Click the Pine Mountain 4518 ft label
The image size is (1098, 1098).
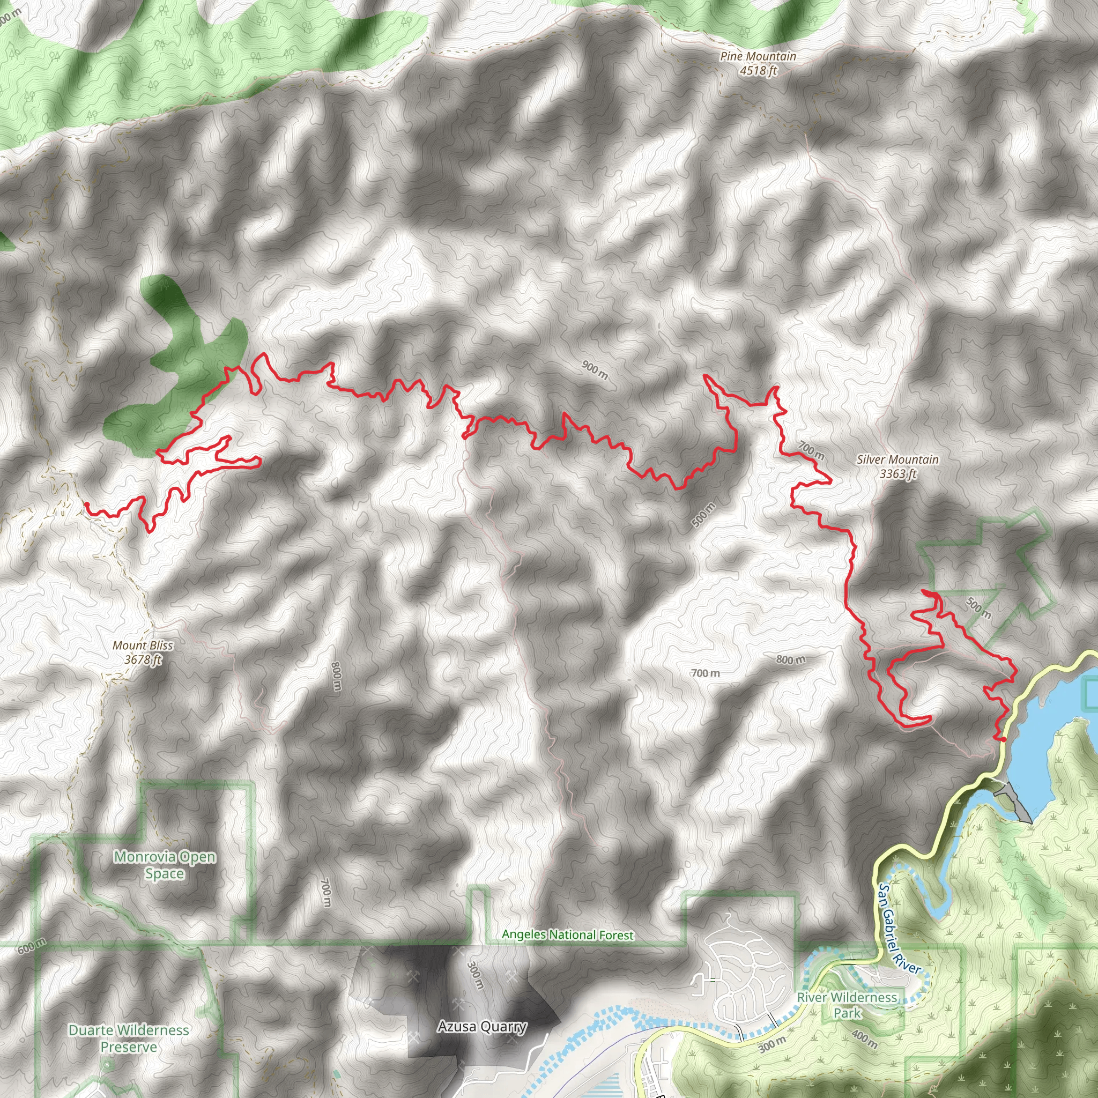[758, 63]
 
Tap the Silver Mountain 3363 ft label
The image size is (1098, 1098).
[897, 466]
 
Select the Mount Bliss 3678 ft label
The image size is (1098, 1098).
[143, 652]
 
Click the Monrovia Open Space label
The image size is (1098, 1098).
[164, 864]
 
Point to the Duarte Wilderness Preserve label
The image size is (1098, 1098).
[129, 1038]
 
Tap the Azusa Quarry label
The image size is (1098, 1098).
[482, 1026]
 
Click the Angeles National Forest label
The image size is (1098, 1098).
[567, 935]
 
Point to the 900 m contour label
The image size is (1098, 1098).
[595, 370]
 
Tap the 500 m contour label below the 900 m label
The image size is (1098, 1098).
[704, 514]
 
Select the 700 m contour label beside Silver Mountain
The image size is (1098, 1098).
[811, 450]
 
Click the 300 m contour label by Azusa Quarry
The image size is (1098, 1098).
[474, 974]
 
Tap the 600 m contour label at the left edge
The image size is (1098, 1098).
[32, 946]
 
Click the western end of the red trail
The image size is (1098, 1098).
[86, 503]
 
